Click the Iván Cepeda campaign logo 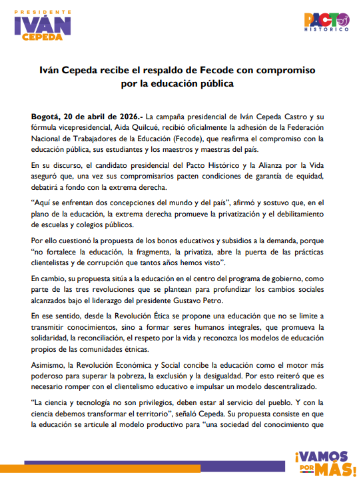(x=43, y=26)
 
